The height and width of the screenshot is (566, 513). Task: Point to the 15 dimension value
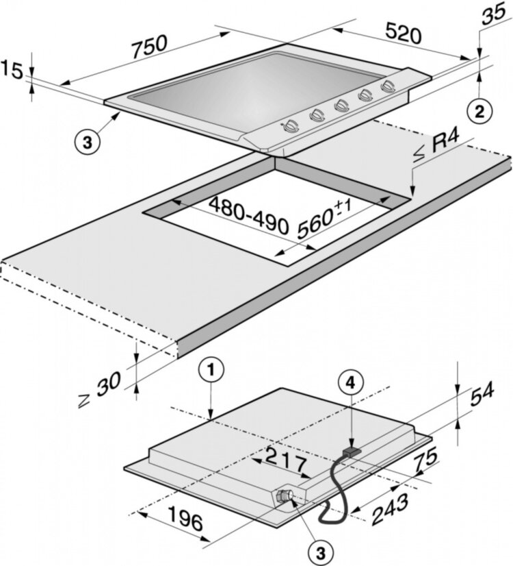12,69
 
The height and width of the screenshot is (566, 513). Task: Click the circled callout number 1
212,371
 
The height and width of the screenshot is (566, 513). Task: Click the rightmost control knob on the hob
389,87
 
